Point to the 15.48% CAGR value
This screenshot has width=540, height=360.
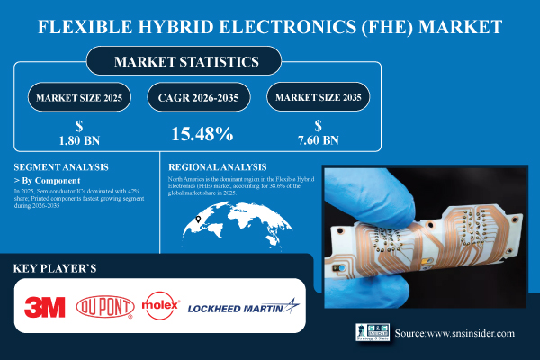(x=202, y=135)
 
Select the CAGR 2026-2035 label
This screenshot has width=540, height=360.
(x=202, y=97)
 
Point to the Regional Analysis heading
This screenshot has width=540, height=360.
(x=219, y=167)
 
